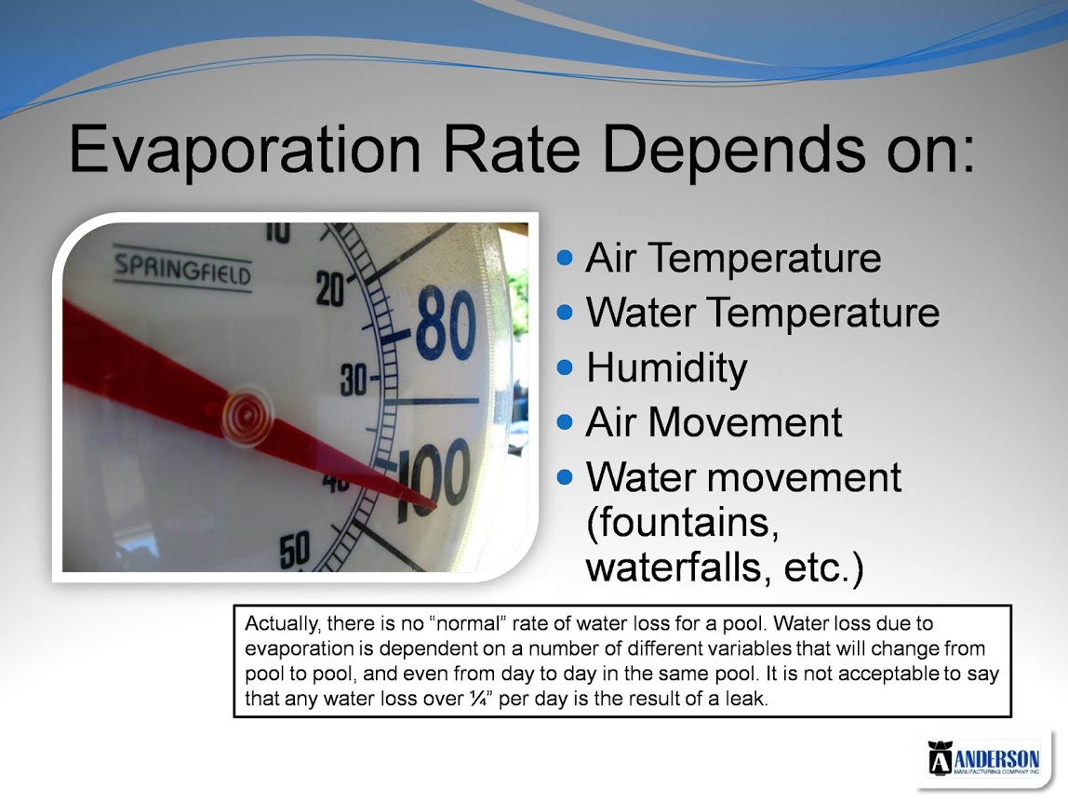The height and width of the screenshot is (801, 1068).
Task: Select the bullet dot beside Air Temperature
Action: coord(565,258)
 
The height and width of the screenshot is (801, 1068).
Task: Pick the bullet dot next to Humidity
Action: coord(565,367)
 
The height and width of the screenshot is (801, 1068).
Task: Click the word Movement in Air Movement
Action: coord(744,422)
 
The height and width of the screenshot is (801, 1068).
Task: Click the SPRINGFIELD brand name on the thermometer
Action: coord(182,268)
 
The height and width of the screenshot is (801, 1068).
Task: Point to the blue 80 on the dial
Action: coord(447,324)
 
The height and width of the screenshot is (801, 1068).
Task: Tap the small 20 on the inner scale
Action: coord(330,288)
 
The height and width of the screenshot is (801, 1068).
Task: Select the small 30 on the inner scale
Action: coord(354,380)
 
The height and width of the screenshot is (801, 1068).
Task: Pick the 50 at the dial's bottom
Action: coord(295,550)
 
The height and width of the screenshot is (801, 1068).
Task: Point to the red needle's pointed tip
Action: coord(435,507)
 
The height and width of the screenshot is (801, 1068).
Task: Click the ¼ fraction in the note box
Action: coord(479,698)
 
